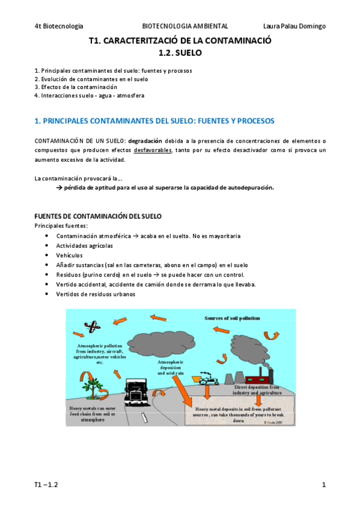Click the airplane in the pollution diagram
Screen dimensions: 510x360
pos(93,327)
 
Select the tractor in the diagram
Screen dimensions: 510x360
pos(210,379)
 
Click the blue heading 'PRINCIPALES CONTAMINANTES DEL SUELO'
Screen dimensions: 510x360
pos(154,121)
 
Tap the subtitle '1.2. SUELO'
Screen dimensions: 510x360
pos(180,53)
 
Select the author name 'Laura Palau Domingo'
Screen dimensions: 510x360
pos(294,26)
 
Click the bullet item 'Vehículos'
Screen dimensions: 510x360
pos(70,255)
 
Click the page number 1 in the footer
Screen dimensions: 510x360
pos(323,484)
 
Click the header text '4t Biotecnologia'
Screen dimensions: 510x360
pos(59,26)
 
